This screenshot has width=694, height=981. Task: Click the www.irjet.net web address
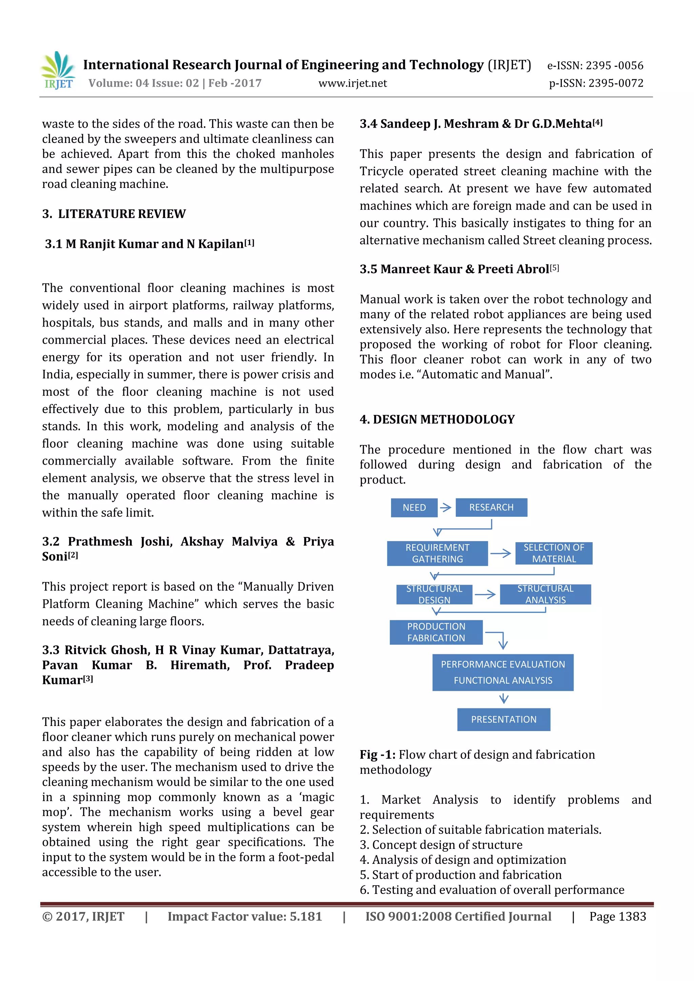(x=352, y=83)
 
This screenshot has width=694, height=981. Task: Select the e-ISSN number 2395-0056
(x=614, y=65)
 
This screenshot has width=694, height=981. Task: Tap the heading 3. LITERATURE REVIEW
(x=114, y=214)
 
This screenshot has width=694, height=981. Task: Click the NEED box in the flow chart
(x=414, y=508)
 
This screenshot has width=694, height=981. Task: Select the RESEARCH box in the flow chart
(x=491, y=507)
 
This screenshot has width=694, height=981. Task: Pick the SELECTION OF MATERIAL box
(x=553, y=553)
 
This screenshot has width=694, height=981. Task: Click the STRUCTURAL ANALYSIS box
(x=545, y=594)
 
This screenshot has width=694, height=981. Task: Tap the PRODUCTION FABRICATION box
(x=436, y=632)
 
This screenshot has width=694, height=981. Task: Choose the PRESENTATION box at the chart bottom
(x=503, y=720)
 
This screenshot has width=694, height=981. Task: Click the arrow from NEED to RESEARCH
(x=446, y=508)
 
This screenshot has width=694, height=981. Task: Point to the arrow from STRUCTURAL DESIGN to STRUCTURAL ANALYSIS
(x=485, y=594)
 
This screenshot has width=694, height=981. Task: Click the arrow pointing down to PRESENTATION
(x=504, y=699)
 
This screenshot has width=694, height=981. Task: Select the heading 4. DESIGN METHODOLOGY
(x=437, y=419)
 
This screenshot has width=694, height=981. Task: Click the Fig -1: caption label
(x=377, y=754)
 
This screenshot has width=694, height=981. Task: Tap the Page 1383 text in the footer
(x=617, y=916)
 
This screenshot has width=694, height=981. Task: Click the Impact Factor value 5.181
(x=305, y=916)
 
